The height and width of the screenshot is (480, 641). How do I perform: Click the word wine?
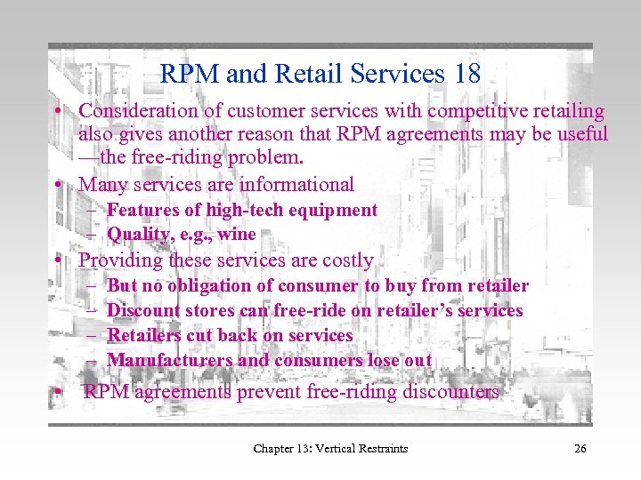pyautogui.click(x=237, y=235)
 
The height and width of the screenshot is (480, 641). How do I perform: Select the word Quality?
pyautogui.click(x=136, y=235)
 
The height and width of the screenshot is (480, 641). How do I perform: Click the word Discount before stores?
pyautogui.click(x=142, y=311)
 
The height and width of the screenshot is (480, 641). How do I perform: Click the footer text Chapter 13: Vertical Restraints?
pyautogui.click(x=330, y=448)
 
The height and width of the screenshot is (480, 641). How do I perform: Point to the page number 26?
pyautogui.click(x=580, y=448)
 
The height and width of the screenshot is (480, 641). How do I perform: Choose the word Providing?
pyautogui.click(x=119, y=260)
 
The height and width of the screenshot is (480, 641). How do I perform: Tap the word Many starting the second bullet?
pyautogui.click(x=101, y=185)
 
